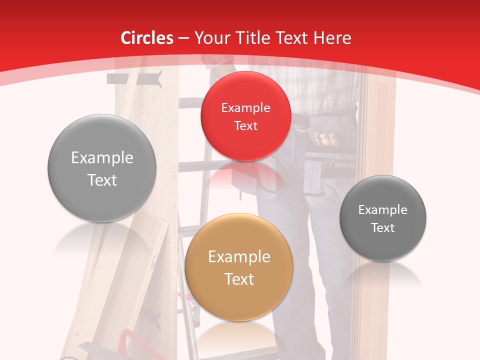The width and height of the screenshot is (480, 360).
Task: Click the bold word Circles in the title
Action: pyautogui.click(x=146, y=38)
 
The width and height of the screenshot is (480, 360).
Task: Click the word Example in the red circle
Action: pyautogui.click(x=245, y=108)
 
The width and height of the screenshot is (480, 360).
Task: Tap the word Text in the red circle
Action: pyautogui.click(x=245, y=126)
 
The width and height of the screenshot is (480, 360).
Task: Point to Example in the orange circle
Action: pyautogui.click(x=239, y=257)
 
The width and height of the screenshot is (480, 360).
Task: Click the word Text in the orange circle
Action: pyautogui.click(x=239, y=279)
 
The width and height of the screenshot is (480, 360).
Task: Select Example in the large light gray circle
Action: pyautogui.click(x=102, y=158)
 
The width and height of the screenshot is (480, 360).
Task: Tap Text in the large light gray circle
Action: pyautogui.click(x=102, y=180)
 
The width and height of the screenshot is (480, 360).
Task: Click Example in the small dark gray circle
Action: pyautogui.click(x=382, y=210)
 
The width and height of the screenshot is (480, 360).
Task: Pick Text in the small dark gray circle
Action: pyautogui.click(x=382, y=228)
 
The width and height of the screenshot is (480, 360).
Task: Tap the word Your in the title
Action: pyautogui.click(x=210, y=38)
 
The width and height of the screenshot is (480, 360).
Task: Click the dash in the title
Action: pyautogui.click(x=183, y=38)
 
